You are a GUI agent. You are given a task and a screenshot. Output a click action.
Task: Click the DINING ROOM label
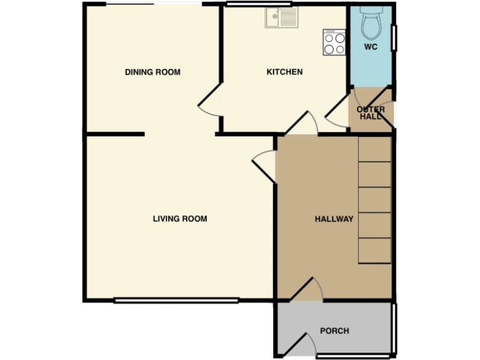point(152,72)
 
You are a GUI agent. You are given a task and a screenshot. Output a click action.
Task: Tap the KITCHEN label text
point(284,72)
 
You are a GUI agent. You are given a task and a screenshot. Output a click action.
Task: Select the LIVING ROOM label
point(180,219)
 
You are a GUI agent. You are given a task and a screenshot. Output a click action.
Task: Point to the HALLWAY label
point(334,219)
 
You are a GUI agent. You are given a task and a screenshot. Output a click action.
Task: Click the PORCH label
point(334,331)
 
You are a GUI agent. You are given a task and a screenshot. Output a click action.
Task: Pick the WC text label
point(371,47)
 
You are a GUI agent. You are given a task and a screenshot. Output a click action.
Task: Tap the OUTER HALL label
point(371,113)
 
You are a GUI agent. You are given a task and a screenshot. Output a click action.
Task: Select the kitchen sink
point(281,19)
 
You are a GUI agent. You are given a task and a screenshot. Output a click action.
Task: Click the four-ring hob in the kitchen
point(334,42)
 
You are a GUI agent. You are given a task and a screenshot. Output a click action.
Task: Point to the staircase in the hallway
point(374,200)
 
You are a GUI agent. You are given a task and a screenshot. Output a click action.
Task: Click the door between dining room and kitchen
point(210,104)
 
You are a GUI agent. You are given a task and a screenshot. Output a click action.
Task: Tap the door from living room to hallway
point(264,164)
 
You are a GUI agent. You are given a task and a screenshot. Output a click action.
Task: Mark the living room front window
point(176,301)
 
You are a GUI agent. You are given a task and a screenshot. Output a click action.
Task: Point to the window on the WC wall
point(394,37)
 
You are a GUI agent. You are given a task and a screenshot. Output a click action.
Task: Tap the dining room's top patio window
point(154,5)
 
